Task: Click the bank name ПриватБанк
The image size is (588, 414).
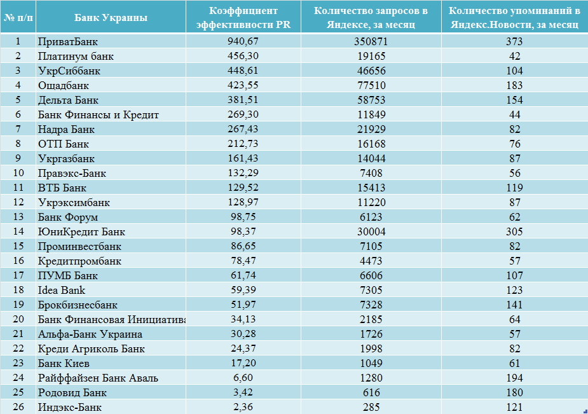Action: click(68, 41)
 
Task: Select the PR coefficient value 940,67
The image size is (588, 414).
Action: click(243, 41)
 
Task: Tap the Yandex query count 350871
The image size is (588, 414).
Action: click(371, 41)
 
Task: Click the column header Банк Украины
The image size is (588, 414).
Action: click(111, 18)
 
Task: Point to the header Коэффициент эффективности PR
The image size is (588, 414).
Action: click(243, 18)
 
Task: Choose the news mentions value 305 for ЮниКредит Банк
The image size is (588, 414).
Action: click(514, 231)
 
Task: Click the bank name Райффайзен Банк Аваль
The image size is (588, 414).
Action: click(98, 378)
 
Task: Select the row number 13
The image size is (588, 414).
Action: click(18, 217)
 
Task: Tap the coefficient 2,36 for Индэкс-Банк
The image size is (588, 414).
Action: click(243, 407)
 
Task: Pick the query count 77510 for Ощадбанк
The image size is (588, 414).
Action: click(371, 85)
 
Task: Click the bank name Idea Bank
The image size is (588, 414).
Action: click(62, 290)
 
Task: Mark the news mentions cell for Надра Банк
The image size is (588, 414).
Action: click(514, 129)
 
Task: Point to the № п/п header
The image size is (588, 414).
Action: click(18, 18)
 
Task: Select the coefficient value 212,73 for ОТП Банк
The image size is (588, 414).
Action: click(243, 144)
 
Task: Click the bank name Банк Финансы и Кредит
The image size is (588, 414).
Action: click(99, 114)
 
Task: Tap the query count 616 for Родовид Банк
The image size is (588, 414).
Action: click(371, 392)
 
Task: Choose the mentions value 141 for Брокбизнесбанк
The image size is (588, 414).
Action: click(514, 305)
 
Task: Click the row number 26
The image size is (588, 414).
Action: click(18, 407)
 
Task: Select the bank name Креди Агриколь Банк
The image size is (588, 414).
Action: click(91, 348)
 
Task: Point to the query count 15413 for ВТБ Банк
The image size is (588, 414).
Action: click(371, 188)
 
